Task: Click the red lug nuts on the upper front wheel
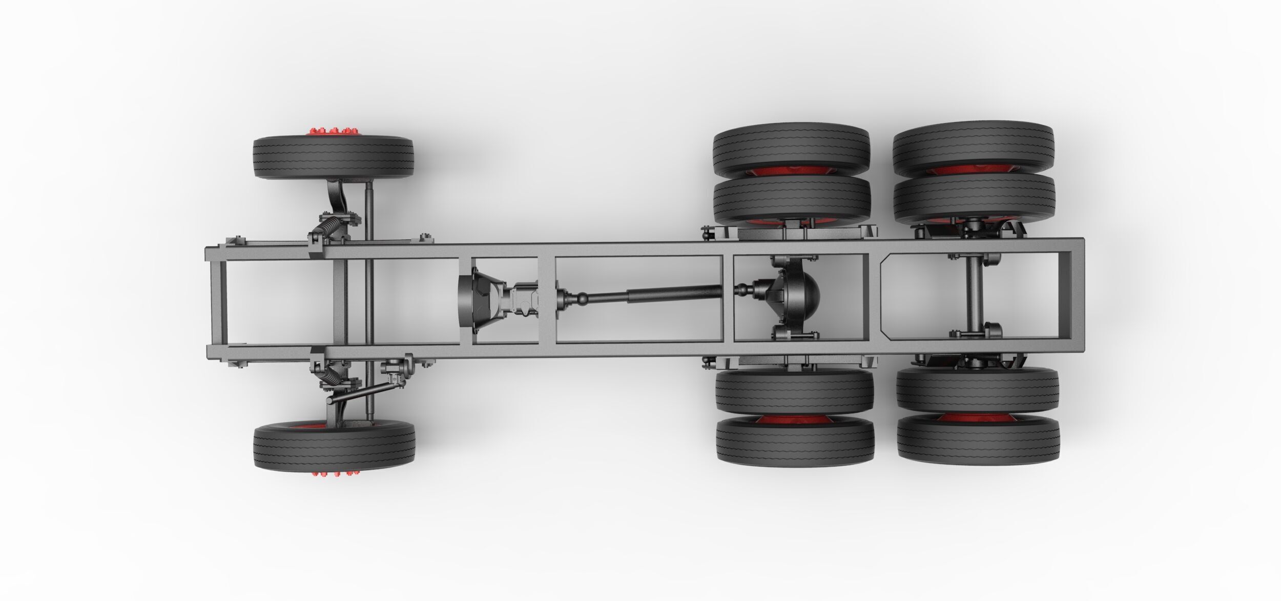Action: (333, 132)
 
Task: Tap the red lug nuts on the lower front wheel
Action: (334, 469)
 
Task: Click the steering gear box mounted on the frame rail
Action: (397, 366)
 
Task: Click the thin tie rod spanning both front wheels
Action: (369, 299)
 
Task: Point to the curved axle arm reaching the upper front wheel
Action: (335, 197)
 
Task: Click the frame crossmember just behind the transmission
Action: (546, 299)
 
